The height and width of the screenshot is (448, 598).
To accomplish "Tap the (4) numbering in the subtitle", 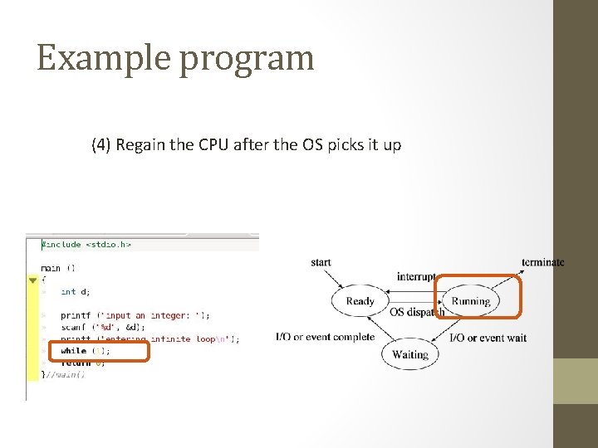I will pyautogui.click(x=101, y=145).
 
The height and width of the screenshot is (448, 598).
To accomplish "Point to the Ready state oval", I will pyautogui.click(x=360, y=301).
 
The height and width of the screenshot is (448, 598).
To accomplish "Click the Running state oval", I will pyautogui.click(x=470, y=301).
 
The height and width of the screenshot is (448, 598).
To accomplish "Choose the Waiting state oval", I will pyautogui.click(x=410, y=354).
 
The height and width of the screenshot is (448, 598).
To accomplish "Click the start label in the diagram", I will pyautogui.click(x=321, y=263).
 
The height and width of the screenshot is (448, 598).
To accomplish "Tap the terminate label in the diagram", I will pyautogui.click(x=542, y=263).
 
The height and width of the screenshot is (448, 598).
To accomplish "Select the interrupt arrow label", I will pyautogui.click(x=416, y=277).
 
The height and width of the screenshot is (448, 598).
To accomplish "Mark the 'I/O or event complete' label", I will pyautogui.click(x=325, y=338).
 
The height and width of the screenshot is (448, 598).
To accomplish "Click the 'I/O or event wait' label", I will pyautogui.click(x=488, y=338).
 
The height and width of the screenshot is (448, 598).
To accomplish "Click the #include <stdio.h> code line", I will pyautogui.click(x=86, y=245).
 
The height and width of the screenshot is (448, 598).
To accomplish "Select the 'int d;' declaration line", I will pyautogui.click(x=76, y=291).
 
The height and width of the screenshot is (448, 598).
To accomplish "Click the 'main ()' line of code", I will pyautogui.click(x=57, y=268).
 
